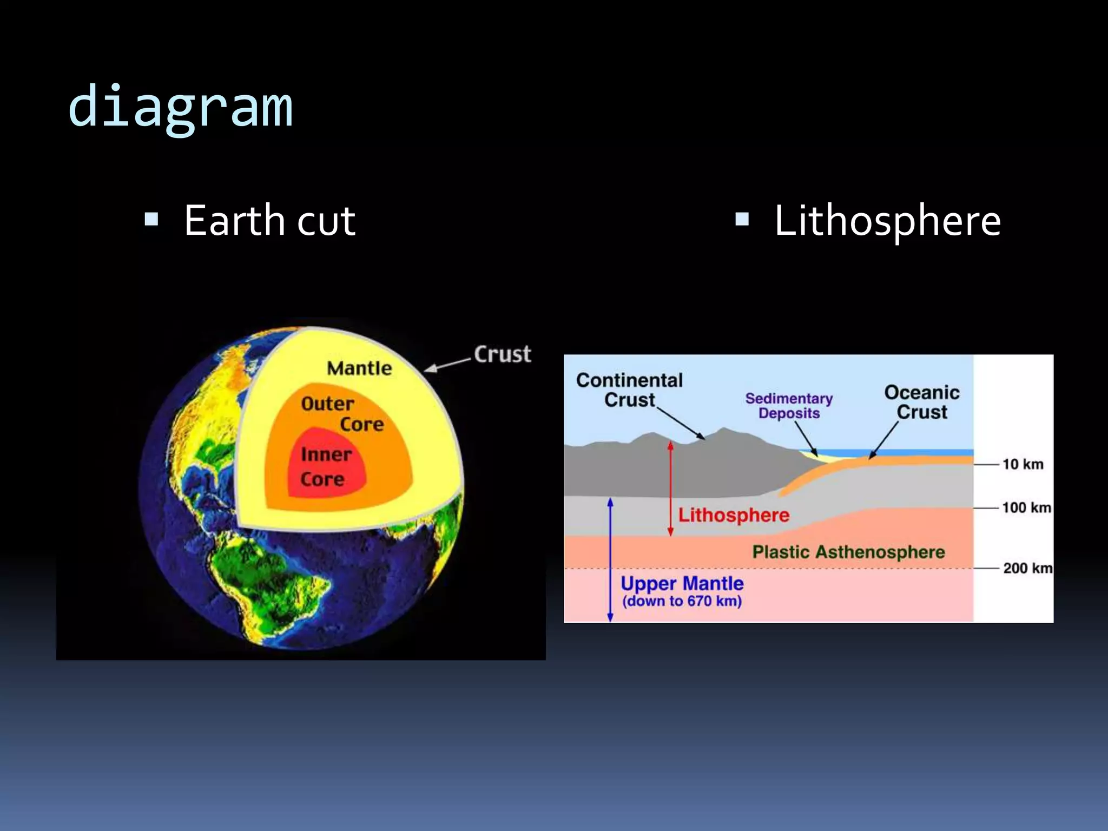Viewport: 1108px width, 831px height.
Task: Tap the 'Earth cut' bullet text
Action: (x=269, y=221)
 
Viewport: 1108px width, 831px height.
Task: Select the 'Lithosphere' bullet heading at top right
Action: (x=887, y=221)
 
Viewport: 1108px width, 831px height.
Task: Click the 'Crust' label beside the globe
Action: (x=503, y=354)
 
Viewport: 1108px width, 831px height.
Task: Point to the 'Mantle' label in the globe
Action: (x=359, y=368)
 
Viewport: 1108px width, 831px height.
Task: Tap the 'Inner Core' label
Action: (x=325, y=466)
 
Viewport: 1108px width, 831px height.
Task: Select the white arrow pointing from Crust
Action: (x=447, y=365)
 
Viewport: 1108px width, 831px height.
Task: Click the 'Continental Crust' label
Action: (x=629, y=390)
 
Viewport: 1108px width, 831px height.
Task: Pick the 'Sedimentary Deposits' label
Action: (x=789, y=406)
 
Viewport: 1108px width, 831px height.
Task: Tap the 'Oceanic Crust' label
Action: (x=922, y=402)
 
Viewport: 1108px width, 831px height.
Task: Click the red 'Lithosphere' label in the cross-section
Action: (x=734, y=515)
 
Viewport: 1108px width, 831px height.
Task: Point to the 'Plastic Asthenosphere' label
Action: (x=848, y=552)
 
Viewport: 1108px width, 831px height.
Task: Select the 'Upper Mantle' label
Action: (x=682, y=583)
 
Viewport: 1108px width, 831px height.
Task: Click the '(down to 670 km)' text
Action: (x=682, y=601)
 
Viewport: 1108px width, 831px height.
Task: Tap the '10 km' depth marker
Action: (x=1023, y=464)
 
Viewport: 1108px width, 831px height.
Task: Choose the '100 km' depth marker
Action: (x=1026, y=507)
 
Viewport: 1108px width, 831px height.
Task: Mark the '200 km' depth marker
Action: (x=1027, y=568)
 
